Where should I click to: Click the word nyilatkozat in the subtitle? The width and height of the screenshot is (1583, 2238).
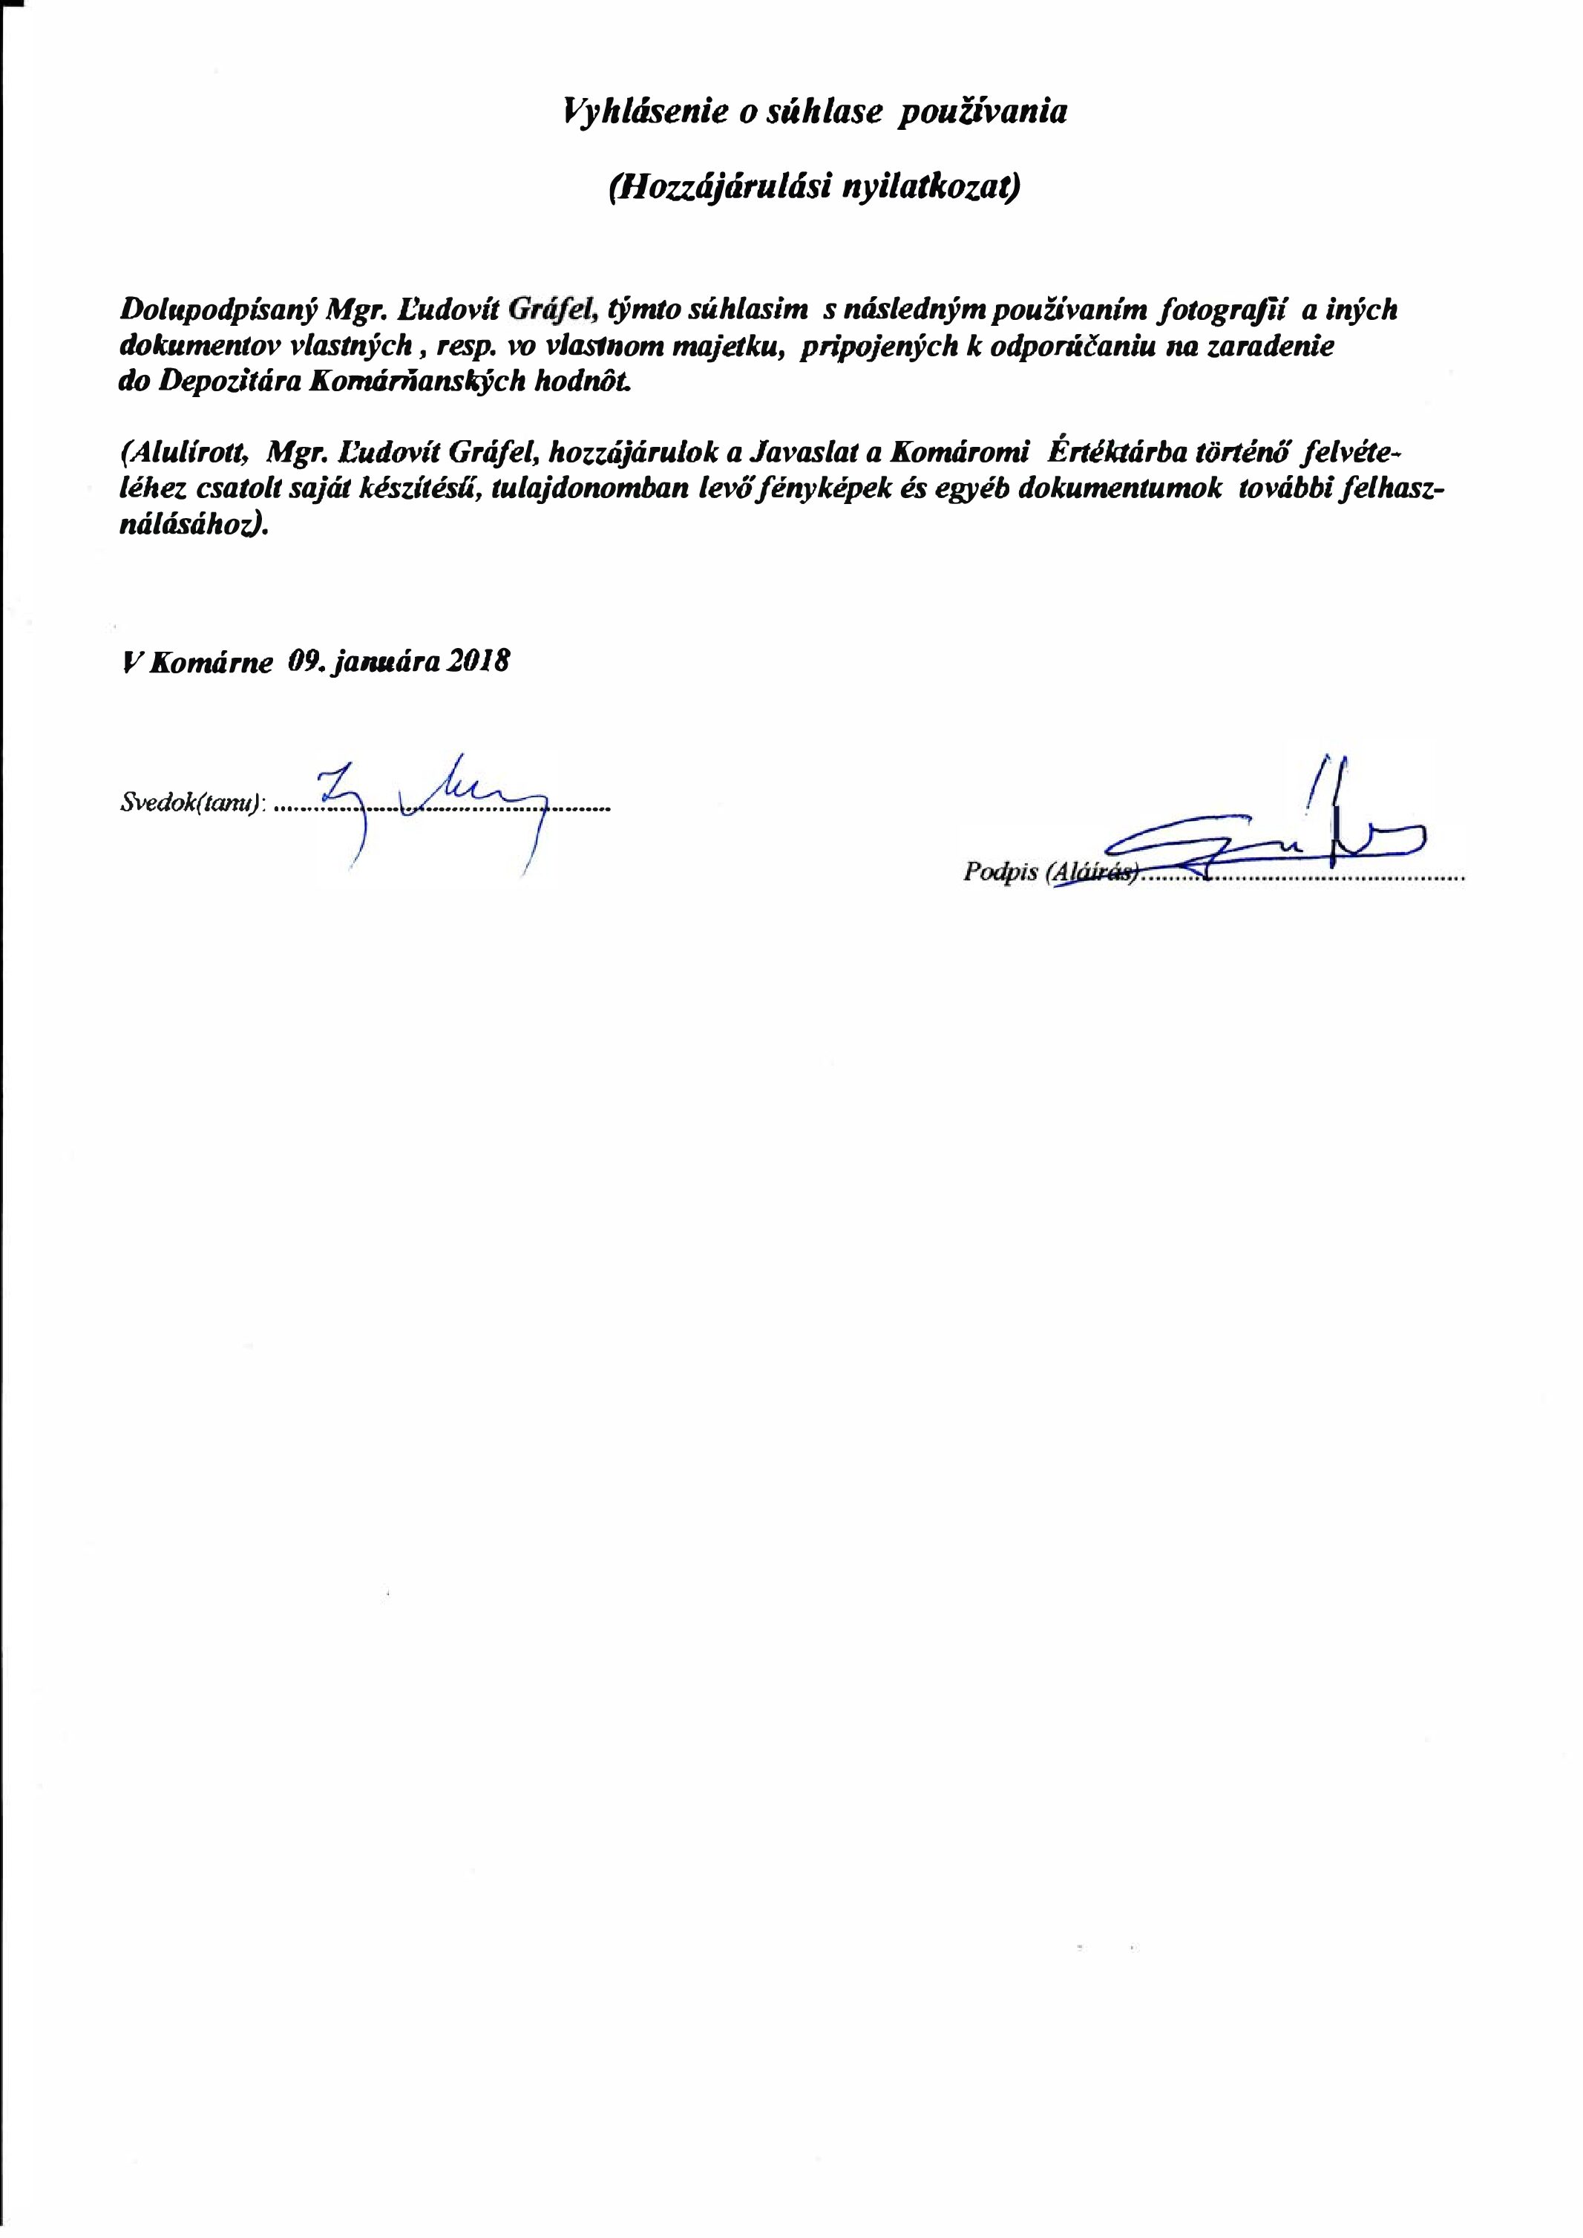[936, 187]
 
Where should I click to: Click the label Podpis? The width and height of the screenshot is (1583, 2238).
[998, 872]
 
